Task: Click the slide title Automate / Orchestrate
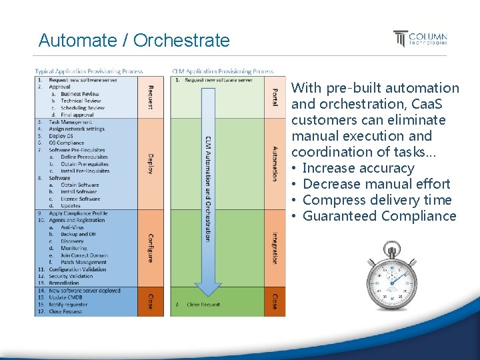pyautogui.click(x=134, y=41)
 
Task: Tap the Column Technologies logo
pyautogui.click(x=420, y=39)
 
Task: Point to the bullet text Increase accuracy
pyautogui.click(x=358, y=168)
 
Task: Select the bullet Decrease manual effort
pyautogui.click(x=376, y=184)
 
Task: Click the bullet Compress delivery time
pyautogui.click(x=377, y=200)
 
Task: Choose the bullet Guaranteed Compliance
pyautogui.click(x=379, y=216)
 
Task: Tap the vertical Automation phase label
pyautogui.click(x=275, y=163)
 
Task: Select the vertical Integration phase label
pyautogui.click(x=275, y=247)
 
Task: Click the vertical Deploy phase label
pyautogui.click(x=150, y=164)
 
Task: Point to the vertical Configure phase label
pyautogui.click(x=150, y=247)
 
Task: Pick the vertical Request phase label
pyautogui.click(x=150, y=97)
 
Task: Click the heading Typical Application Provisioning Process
pyautogui.click(x=89, y=71)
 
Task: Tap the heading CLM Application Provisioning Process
pyautogui.click(x=223, y=71)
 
